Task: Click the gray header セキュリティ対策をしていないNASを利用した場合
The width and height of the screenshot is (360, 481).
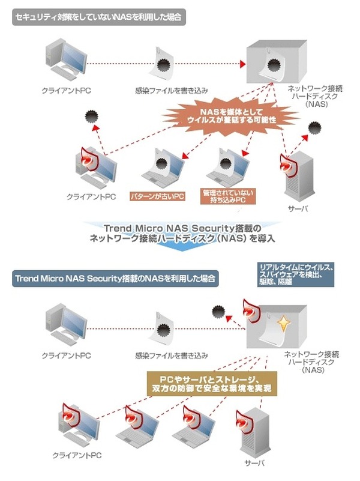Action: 99,17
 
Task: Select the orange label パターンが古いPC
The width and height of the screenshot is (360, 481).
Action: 158,196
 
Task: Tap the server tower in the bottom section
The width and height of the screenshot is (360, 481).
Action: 252,433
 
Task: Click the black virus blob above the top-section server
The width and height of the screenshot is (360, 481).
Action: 315,129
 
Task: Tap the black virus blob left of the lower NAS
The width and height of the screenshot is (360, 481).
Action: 219,311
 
